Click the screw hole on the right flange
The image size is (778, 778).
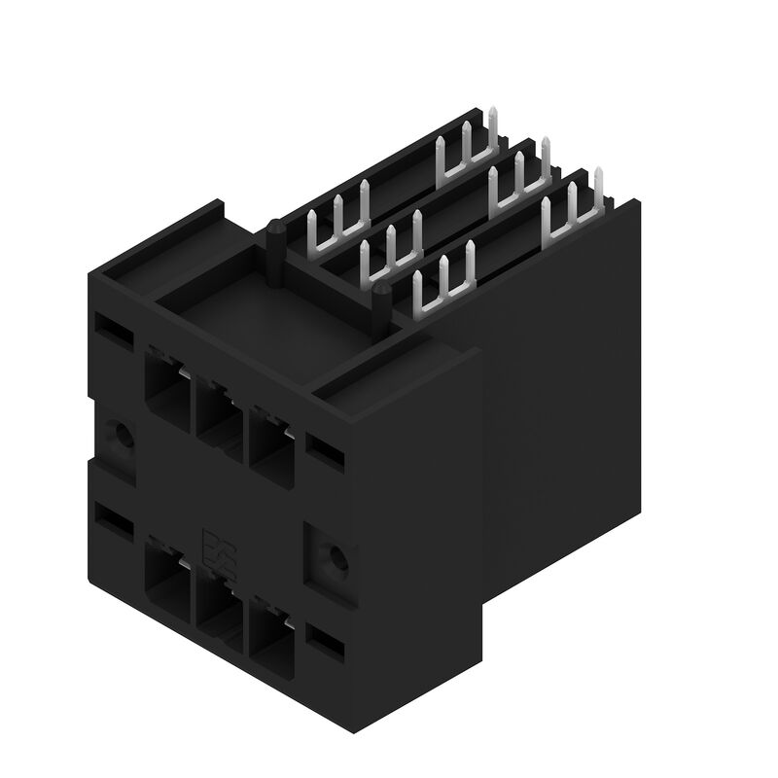click(x=336, y=558)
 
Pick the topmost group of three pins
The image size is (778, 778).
click(x=467, y=141)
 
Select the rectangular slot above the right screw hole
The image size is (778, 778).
click(x=325, y=448)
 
